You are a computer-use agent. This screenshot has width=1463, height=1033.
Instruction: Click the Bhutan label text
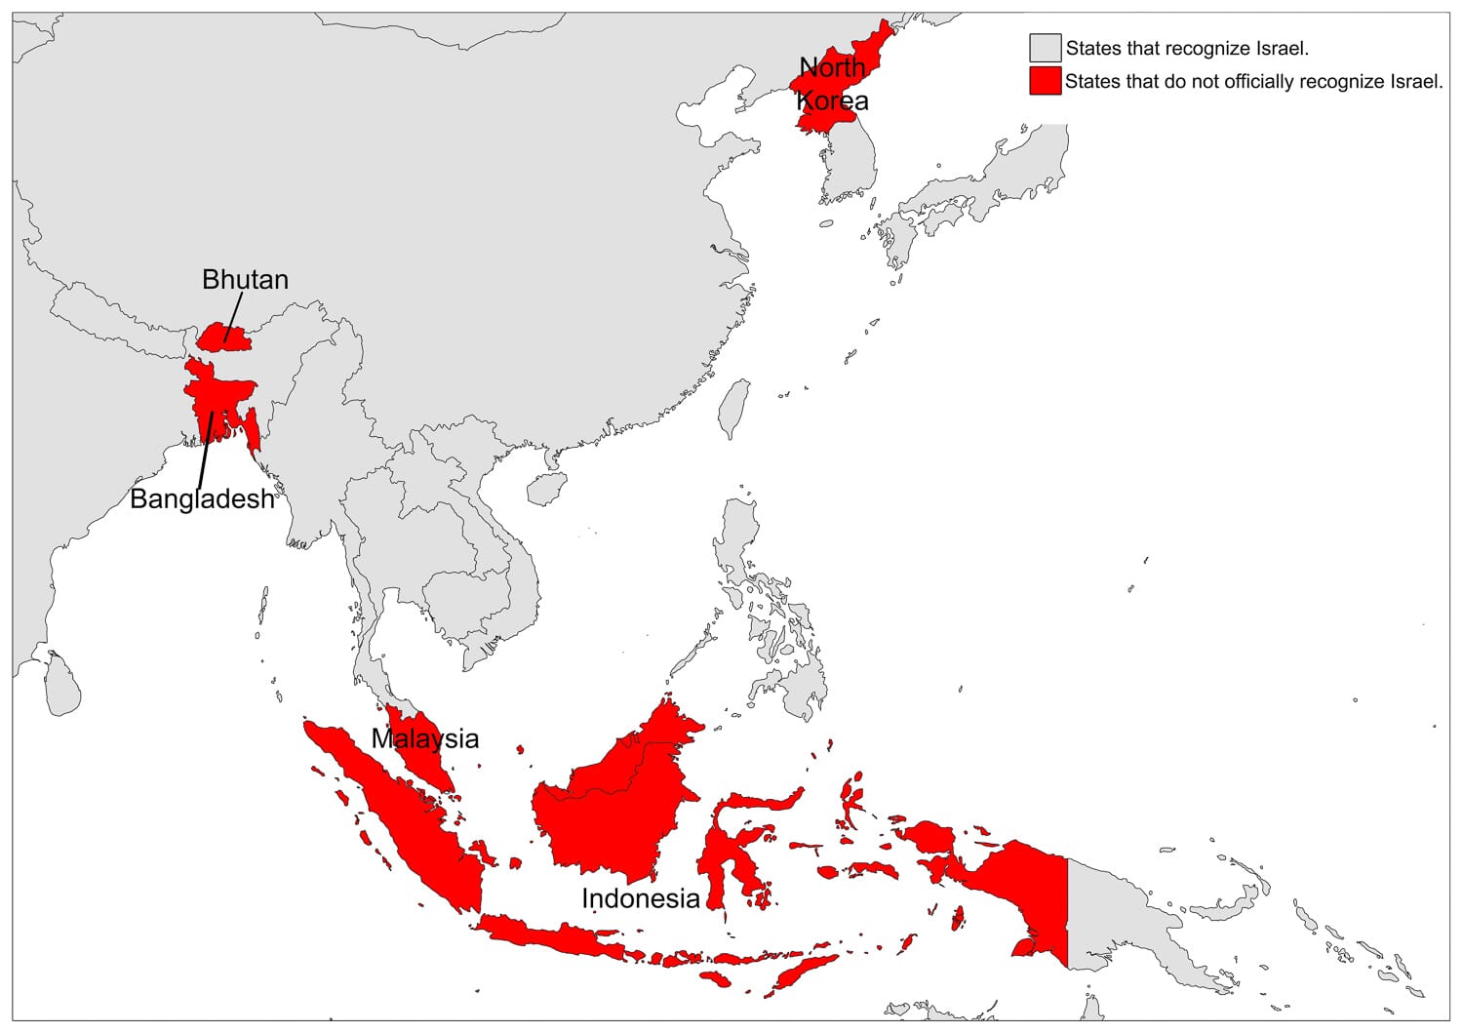coord(245,280)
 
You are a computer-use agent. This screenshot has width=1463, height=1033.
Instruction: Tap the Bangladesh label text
coord(202,499)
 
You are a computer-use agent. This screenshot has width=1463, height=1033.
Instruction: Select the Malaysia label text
coord(425,738)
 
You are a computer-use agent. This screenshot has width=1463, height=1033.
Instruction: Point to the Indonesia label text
coord(641,898)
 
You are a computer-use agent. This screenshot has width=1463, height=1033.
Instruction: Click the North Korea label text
coord(832,84)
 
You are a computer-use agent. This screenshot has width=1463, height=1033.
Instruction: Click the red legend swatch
coord(1045,81)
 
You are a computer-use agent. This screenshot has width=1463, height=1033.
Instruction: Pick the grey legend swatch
coord(1045,48)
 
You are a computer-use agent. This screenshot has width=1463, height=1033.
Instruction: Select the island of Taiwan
coord(734,409)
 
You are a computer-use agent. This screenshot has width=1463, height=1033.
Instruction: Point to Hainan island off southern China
coord(547,488)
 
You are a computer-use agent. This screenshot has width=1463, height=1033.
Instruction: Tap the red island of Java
coord(556,937)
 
